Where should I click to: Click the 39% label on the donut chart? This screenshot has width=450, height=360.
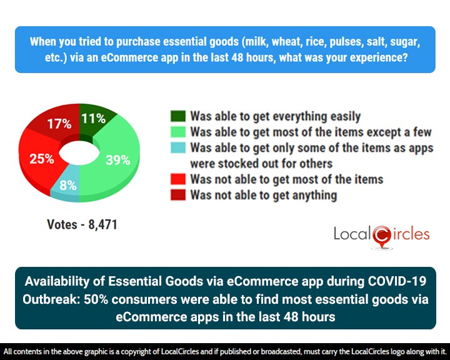pyautogui.click(x=118, y=159)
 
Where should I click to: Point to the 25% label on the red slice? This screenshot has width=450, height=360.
pyautogui.click(x=42, y=158)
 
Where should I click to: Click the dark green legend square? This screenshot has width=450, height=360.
pyautogui.click(x=177, y=117)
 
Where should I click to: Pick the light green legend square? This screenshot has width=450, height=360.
pyautogui.click(x=177, y=132)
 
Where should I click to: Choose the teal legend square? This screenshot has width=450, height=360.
pyautogui.click(x=177, y=149)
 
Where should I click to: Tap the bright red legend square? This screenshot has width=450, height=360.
pyautogui.click(x=177, y=179)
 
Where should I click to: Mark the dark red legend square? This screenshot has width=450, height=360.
pyautogui.click(x=177, y=195)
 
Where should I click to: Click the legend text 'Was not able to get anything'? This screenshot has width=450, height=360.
pyautogui.click(x=264, y=195)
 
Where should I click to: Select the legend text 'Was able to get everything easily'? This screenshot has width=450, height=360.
pyautogui.click(x=276, y=116)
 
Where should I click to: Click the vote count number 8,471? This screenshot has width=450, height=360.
pyautogui.click(x=99, y=224)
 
